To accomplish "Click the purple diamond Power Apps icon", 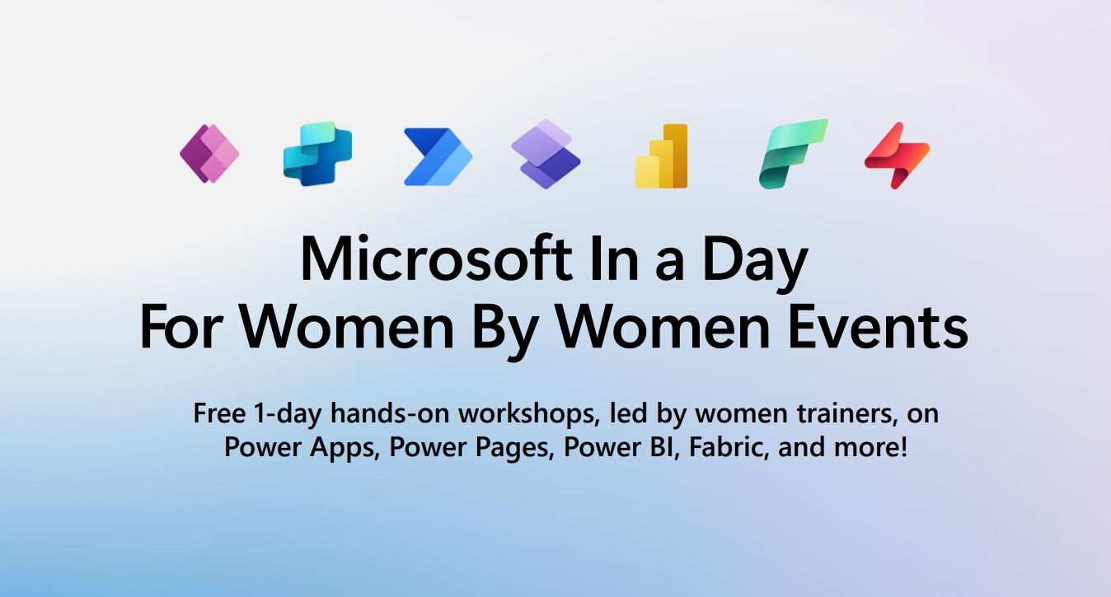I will [x=209, y=153].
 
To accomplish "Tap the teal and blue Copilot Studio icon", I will [x=317, y=154].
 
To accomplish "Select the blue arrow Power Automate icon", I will [x=438, y=156].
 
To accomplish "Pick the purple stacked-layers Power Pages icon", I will [x=546, y=154].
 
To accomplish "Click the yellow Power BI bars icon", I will [x=661, y=156].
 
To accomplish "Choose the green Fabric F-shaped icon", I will [x=792, y=154].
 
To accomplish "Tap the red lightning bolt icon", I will [x=897, y=155].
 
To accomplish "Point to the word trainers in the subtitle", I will [x=841, y=413].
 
